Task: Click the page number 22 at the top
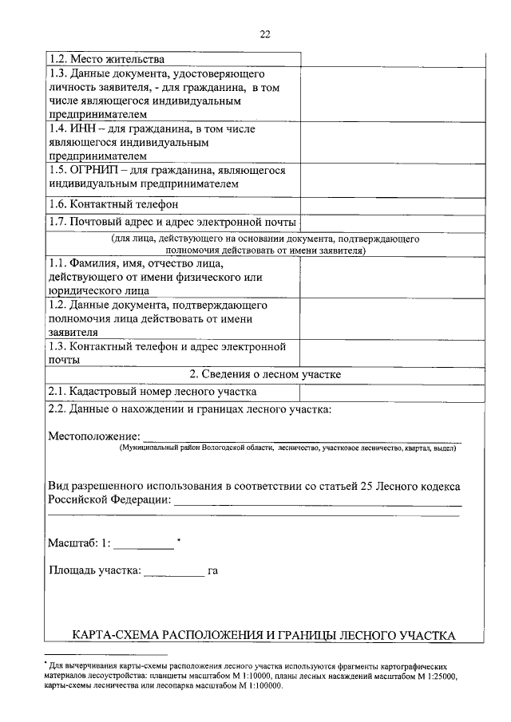coord(265,34)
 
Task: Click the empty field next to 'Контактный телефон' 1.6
coord(393,204)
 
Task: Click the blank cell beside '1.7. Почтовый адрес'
coord(393,222)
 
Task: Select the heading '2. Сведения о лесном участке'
coord(265,374)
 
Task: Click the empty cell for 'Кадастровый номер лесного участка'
coord(393,392)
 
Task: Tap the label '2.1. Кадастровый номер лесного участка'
coord(153,392)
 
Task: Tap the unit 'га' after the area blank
coord(212,571)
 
